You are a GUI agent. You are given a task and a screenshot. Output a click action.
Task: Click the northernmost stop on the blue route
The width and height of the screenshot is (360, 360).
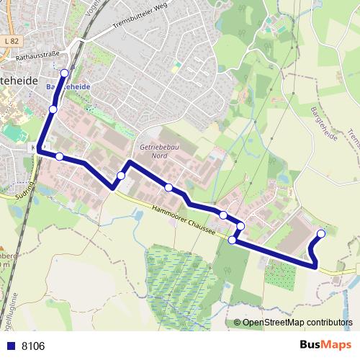pos(65,73)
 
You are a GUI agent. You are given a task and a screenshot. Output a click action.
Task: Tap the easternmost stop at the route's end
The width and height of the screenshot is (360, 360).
pos(321,233)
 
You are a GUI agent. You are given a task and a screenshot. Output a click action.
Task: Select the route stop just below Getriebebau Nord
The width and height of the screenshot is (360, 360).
pos(168,188)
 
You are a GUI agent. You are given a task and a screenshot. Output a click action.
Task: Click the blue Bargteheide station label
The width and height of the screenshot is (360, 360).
pos(68,86)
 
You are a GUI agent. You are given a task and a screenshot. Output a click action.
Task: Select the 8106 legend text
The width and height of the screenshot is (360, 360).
pos(33,346)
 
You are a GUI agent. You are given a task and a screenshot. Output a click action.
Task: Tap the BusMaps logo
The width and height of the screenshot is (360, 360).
pos(325,346)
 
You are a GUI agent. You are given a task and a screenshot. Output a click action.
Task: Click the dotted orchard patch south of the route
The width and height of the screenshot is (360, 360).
pos(279,274)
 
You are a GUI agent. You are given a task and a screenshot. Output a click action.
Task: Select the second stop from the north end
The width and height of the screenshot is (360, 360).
pos(53,109)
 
